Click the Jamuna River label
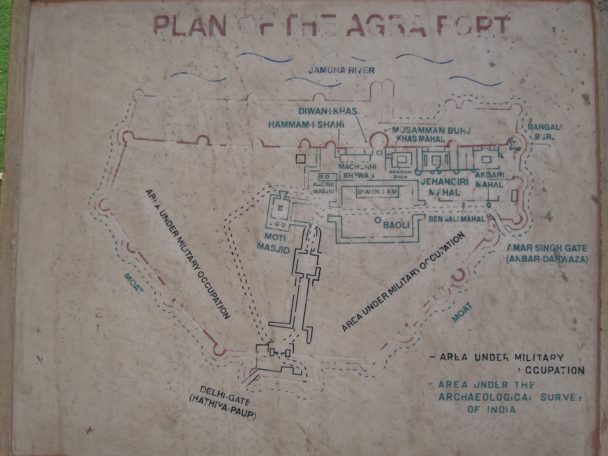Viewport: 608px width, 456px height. pos(342,70)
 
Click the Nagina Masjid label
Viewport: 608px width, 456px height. pos(323,188)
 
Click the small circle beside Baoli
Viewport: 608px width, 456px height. pos(377,220)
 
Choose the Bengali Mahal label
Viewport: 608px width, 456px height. pos(456,219)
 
